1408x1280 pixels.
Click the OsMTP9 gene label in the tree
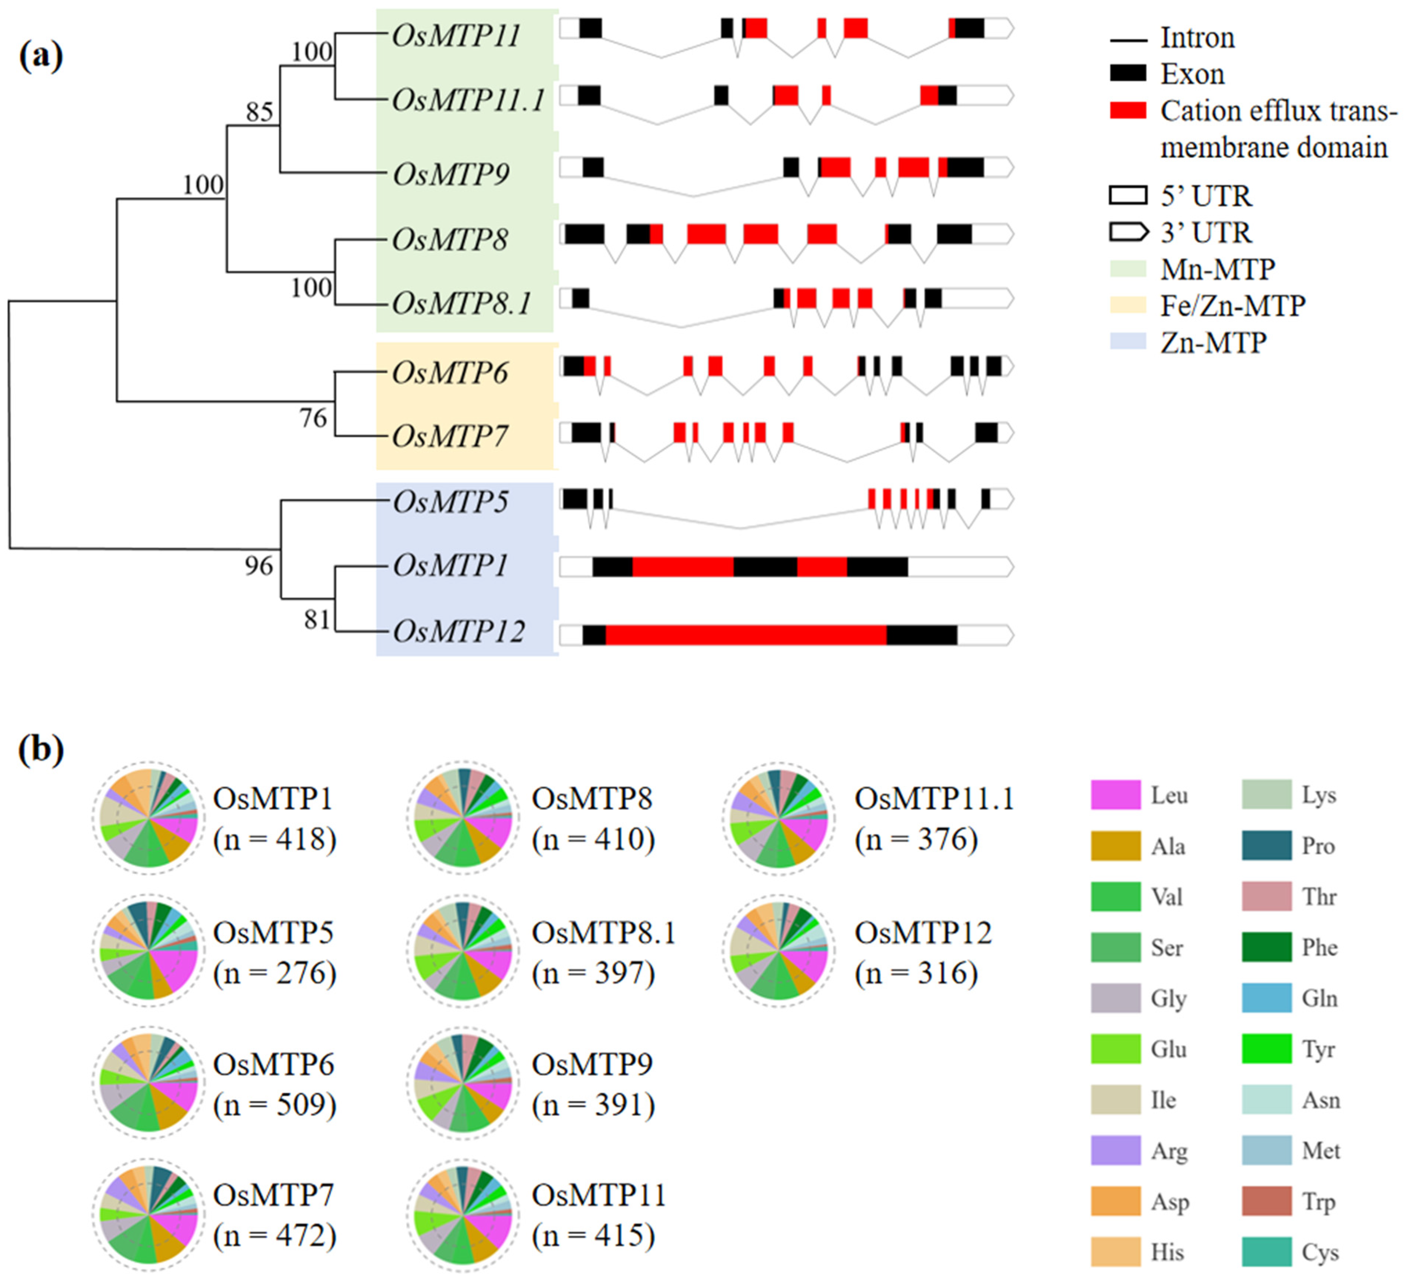click(x=450, y=174)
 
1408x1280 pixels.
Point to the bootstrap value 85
click(x=259, y=112)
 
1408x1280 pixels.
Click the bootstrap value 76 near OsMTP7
click(x=313, y=418)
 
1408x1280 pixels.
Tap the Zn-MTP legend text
click(x=1213, y=342)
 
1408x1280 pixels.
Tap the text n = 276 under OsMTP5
click(x=274, y=973)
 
